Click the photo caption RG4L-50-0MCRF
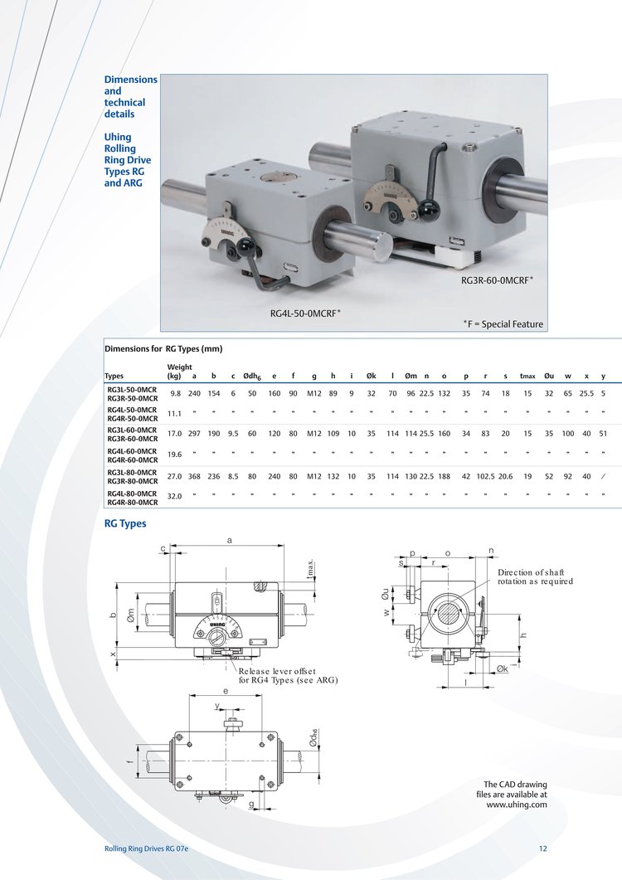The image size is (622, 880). [305, 314]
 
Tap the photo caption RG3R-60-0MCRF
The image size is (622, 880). [497, 280]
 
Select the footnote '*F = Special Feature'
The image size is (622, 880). [503, 323]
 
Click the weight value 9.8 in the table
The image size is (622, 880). [176, 393]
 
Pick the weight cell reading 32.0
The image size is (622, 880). [175, 496]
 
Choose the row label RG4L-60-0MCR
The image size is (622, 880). [132, 451]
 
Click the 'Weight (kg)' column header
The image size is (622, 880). [180, 372]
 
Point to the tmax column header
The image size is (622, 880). [527, 376]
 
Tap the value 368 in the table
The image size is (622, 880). [194, 476]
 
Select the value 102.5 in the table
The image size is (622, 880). [486, 476]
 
